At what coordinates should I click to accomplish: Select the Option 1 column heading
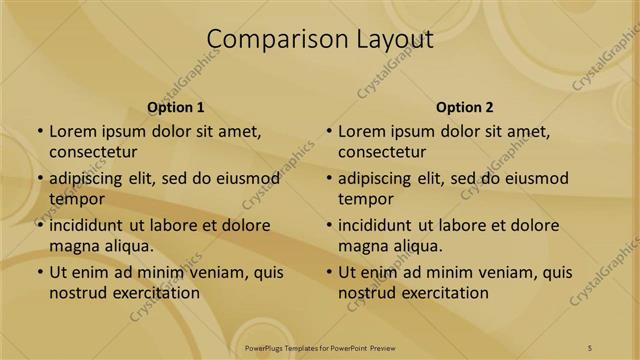tap(176, 107)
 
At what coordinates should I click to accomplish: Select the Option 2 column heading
tap(465, 107)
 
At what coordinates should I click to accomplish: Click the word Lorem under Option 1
tap(72, 131)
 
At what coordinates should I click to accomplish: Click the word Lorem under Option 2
tap(361, 131)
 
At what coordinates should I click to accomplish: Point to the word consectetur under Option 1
tap(93, 152)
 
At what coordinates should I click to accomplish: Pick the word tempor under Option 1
tap(74, 199)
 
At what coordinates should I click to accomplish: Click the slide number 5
tap(590, 347)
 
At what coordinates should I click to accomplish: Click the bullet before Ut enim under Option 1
tap(40, 272)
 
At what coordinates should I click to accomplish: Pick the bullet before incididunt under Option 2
tap(329, 225)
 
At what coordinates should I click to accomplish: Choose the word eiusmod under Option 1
tap(246, 179)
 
